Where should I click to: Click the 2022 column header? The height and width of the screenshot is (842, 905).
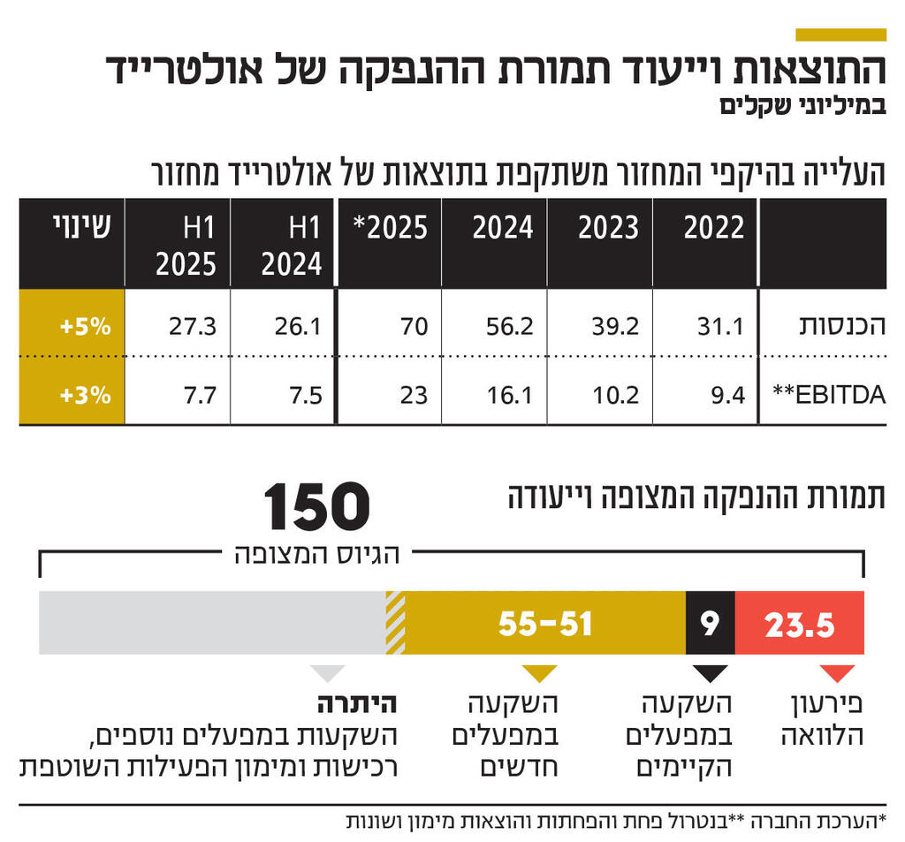[x=714, y=229]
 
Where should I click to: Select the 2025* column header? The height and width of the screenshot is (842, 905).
[x=390, y=229]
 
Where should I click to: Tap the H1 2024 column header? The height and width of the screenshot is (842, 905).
[x=293, y=245]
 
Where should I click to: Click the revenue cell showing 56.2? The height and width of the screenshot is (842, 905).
[x=511, y=326]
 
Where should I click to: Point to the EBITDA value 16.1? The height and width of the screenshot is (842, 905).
[x=511, y=395]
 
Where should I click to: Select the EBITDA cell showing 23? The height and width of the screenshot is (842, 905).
[x=413, y=395]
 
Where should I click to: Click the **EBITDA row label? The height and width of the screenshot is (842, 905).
[x=832, y=395]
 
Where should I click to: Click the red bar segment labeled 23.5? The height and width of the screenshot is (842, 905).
[x=799, y=625]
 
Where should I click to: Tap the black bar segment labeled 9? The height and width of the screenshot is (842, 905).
[x=710, y=625]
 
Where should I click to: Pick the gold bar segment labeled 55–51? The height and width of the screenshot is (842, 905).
[x=545, y=625]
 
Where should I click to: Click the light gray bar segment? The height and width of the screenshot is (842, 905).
[x=212, y=625]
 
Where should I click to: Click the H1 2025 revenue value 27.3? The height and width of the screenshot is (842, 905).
[x=193, y=326]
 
